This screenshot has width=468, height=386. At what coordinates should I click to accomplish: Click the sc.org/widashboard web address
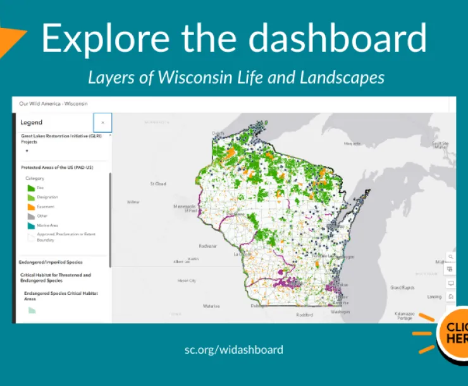coord(234,349)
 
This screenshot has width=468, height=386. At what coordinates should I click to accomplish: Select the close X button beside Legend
coord(102,123)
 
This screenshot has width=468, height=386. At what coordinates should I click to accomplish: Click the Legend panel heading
coord(32,123)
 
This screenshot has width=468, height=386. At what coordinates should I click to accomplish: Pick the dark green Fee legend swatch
coord(30,187)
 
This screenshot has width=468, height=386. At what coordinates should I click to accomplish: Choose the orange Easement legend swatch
coord(30,206)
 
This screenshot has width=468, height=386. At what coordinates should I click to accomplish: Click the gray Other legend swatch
coord(30,216)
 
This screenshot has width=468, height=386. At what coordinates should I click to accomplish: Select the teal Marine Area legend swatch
coord(30,225)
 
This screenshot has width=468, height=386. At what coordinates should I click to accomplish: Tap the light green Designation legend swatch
coord(30,197)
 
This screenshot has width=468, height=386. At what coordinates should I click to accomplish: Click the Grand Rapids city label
coord(402,287)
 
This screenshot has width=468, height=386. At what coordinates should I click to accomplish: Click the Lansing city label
coord(434,296)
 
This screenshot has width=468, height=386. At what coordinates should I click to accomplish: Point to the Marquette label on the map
coord(352,144)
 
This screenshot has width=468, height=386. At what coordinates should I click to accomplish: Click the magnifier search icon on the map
coord(451,257)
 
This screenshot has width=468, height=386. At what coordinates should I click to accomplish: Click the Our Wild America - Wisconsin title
coord(53,103)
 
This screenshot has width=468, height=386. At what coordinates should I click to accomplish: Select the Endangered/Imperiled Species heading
coord(51,261)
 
